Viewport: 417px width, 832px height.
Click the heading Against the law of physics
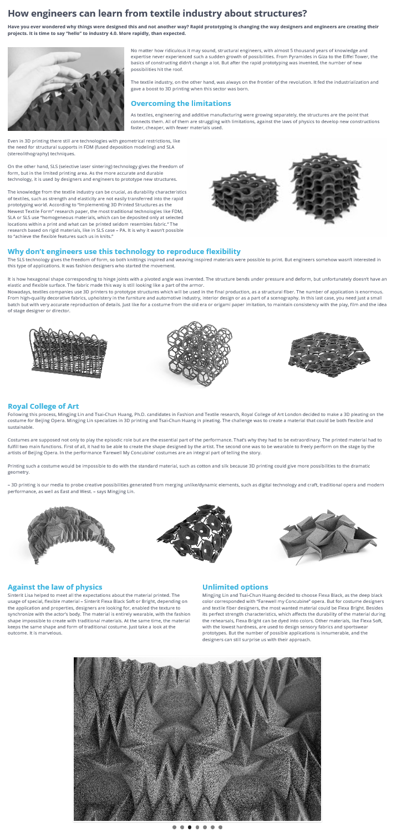tap(55, 586)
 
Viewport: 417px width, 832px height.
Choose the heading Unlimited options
tap(235, 586)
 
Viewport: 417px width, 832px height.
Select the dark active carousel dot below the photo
tap(190, 827)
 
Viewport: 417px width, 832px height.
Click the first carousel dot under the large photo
tap(174, 827)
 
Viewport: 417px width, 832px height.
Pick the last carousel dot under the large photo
tap(220, 827)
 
